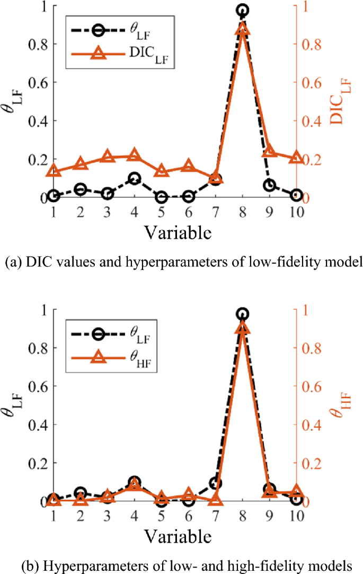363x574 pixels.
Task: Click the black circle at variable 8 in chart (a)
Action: click(242, 10)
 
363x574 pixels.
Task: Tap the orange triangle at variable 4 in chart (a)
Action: click(134, 155)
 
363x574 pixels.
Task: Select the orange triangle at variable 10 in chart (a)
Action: click(296, 158)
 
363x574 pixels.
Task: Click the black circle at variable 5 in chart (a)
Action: click(161, 197)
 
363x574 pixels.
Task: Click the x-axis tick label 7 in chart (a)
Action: click(216, 212)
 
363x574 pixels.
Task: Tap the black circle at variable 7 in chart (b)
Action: click(215, 483)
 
